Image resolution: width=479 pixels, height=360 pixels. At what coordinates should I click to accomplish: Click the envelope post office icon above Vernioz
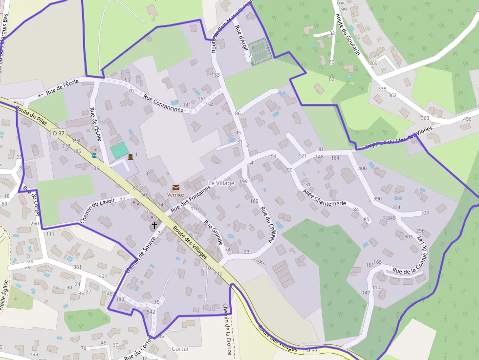[175, 188]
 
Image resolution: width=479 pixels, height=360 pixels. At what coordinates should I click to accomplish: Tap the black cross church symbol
[154, 226]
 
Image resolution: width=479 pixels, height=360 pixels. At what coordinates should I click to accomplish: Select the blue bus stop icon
[94, 156]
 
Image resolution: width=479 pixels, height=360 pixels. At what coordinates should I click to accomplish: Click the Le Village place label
[221, 183]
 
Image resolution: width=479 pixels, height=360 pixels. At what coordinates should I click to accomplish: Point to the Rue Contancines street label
[163, 103]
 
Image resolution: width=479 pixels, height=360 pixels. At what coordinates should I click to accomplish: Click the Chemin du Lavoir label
[97, 210]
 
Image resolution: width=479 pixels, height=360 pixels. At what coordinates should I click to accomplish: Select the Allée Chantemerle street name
[324, 196]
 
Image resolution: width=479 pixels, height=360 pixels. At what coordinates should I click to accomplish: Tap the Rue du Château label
[266, 225]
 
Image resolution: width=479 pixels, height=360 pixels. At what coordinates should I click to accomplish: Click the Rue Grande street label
[213, 233]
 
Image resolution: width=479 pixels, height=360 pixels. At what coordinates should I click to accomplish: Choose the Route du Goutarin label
[348, 34]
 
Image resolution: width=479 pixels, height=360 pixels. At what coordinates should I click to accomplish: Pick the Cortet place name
[180, 349]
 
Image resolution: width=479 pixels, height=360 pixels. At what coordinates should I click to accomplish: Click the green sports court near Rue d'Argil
[258, 47]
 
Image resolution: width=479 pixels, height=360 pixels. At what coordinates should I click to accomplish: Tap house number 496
[467, 119]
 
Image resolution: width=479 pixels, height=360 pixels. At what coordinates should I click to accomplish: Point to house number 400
[362, 169]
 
